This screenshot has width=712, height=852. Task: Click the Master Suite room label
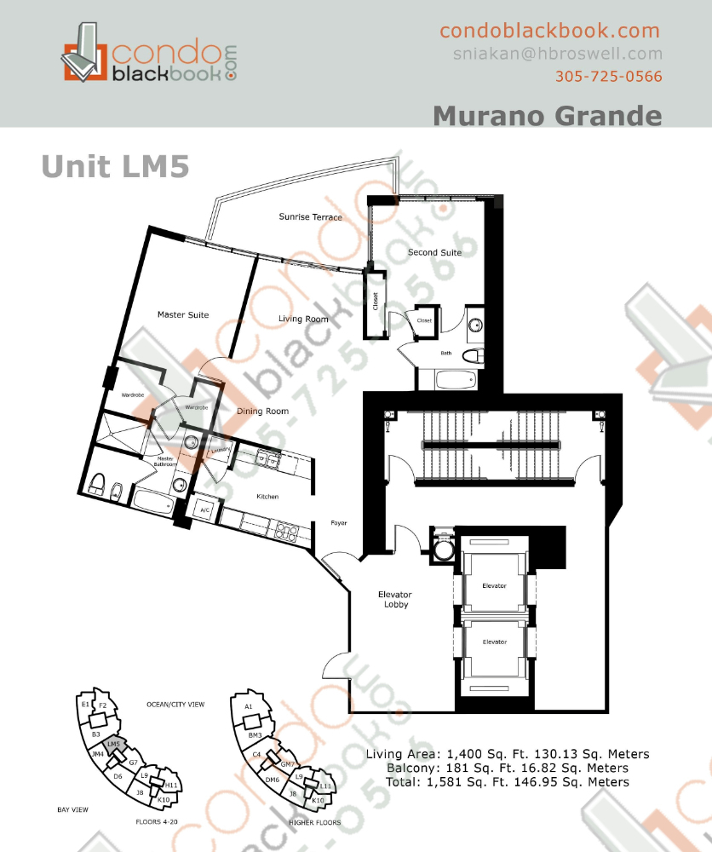pos(182,315)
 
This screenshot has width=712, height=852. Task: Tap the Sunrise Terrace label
pos(310,217)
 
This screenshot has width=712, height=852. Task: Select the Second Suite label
pos(434,252)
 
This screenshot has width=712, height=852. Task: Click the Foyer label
pos(338,523)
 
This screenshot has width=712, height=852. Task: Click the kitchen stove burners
pos(286,535)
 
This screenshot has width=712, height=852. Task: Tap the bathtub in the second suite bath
pos(450,378)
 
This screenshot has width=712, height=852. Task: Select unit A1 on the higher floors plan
pos(248,707)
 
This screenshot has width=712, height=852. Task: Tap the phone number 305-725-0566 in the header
pos(608,76)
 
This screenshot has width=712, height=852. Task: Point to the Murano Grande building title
pos(547,115)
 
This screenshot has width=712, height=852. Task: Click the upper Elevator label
pos(494,586)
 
